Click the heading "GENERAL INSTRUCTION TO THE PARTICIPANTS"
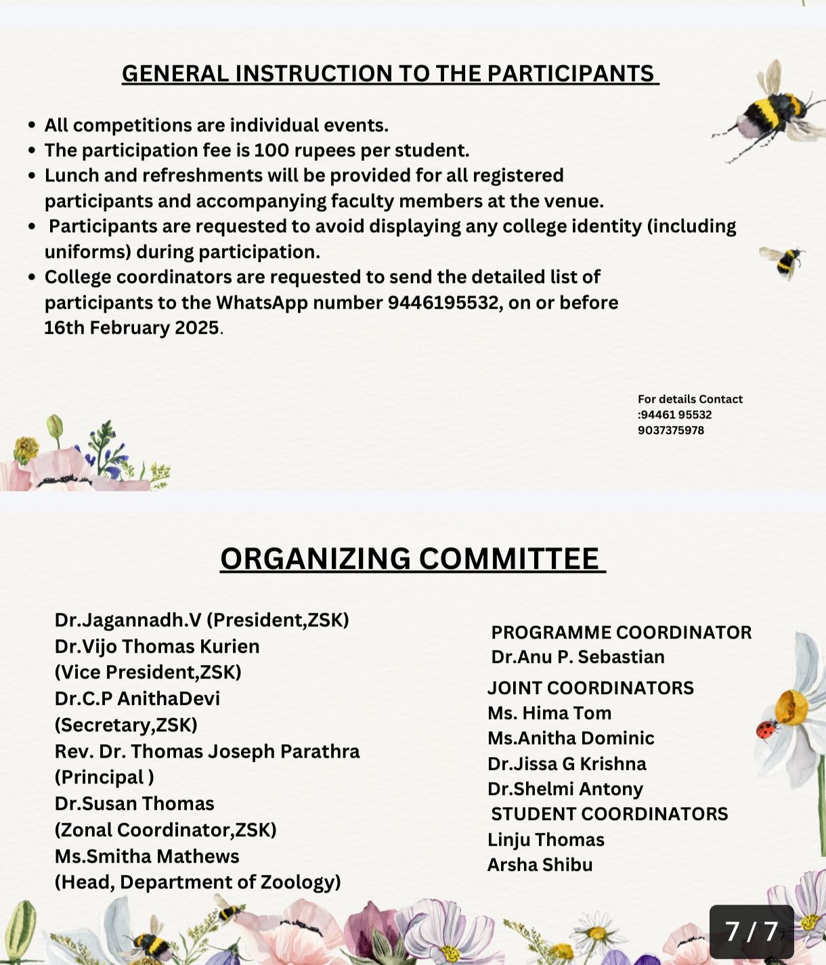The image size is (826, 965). (390, 73)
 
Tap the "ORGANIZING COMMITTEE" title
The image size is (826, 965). (412, 559)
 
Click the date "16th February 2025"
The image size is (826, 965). (132, 328)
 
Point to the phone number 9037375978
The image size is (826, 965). (670, 431)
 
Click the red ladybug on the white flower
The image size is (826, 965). (766, 731)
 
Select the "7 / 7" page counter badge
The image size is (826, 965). (751, 932)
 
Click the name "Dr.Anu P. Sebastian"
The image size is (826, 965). (578, 657)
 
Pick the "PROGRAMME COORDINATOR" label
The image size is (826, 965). (621, 632)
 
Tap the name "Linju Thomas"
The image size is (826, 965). (546, 840)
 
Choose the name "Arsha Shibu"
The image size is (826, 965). (540, 865)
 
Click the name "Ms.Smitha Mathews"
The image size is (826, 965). (147, 856)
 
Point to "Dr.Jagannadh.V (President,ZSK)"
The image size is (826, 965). (202, 620)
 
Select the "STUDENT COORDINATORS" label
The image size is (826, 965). (609, 814)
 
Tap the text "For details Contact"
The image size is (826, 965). (690, 400)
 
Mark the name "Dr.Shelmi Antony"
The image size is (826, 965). (565, 789)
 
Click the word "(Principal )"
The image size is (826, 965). (104, 777)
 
